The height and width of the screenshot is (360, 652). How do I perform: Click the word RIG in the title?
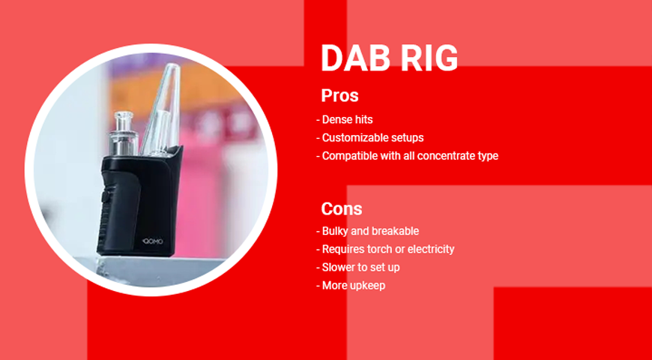[x=432, y=58]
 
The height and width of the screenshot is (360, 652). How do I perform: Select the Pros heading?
[x=339, y=96]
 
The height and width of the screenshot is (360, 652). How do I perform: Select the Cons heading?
[x=341, y=208]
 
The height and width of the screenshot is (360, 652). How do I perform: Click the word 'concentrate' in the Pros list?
[x=444, y=156]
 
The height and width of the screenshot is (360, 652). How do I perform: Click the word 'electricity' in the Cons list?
[x=431, y=249]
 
